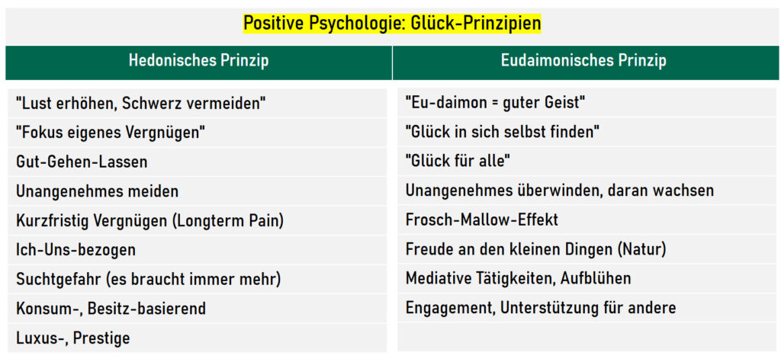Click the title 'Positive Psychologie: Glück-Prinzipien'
pyautogui.click(x=391, y=24)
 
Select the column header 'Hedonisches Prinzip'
pyautogui.click(x=199, y=61)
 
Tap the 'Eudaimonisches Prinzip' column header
pyautogui.click(x=583, y=61)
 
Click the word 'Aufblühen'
pyautogui.click(x=596, y=278)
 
